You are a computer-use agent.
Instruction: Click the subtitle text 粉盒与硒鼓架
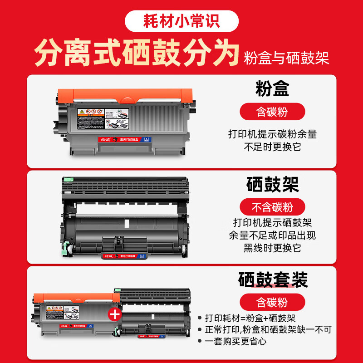286,58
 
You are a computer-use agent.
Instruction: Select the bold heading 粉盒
272,88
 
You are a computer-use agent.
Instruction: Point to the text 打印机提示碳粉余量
272,134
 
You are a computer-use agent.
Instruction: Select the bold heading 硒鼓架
272,184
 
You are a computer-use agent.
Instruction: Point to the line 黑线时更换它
272,248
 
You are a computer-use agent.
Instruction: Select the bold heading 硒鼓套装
273,280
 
